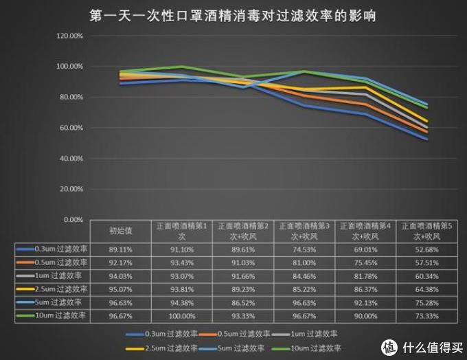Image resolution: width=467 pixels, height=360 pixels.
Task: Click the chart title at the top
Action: pyautogui.click(x=233, y=14)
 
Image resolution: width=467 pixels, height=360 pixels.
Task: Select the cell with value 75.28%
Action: pyautogui.click(x=425, y=302)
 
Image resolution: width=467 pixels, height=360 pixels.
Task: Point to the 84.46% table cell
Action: pyautogui.click(x=304, y=275)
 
